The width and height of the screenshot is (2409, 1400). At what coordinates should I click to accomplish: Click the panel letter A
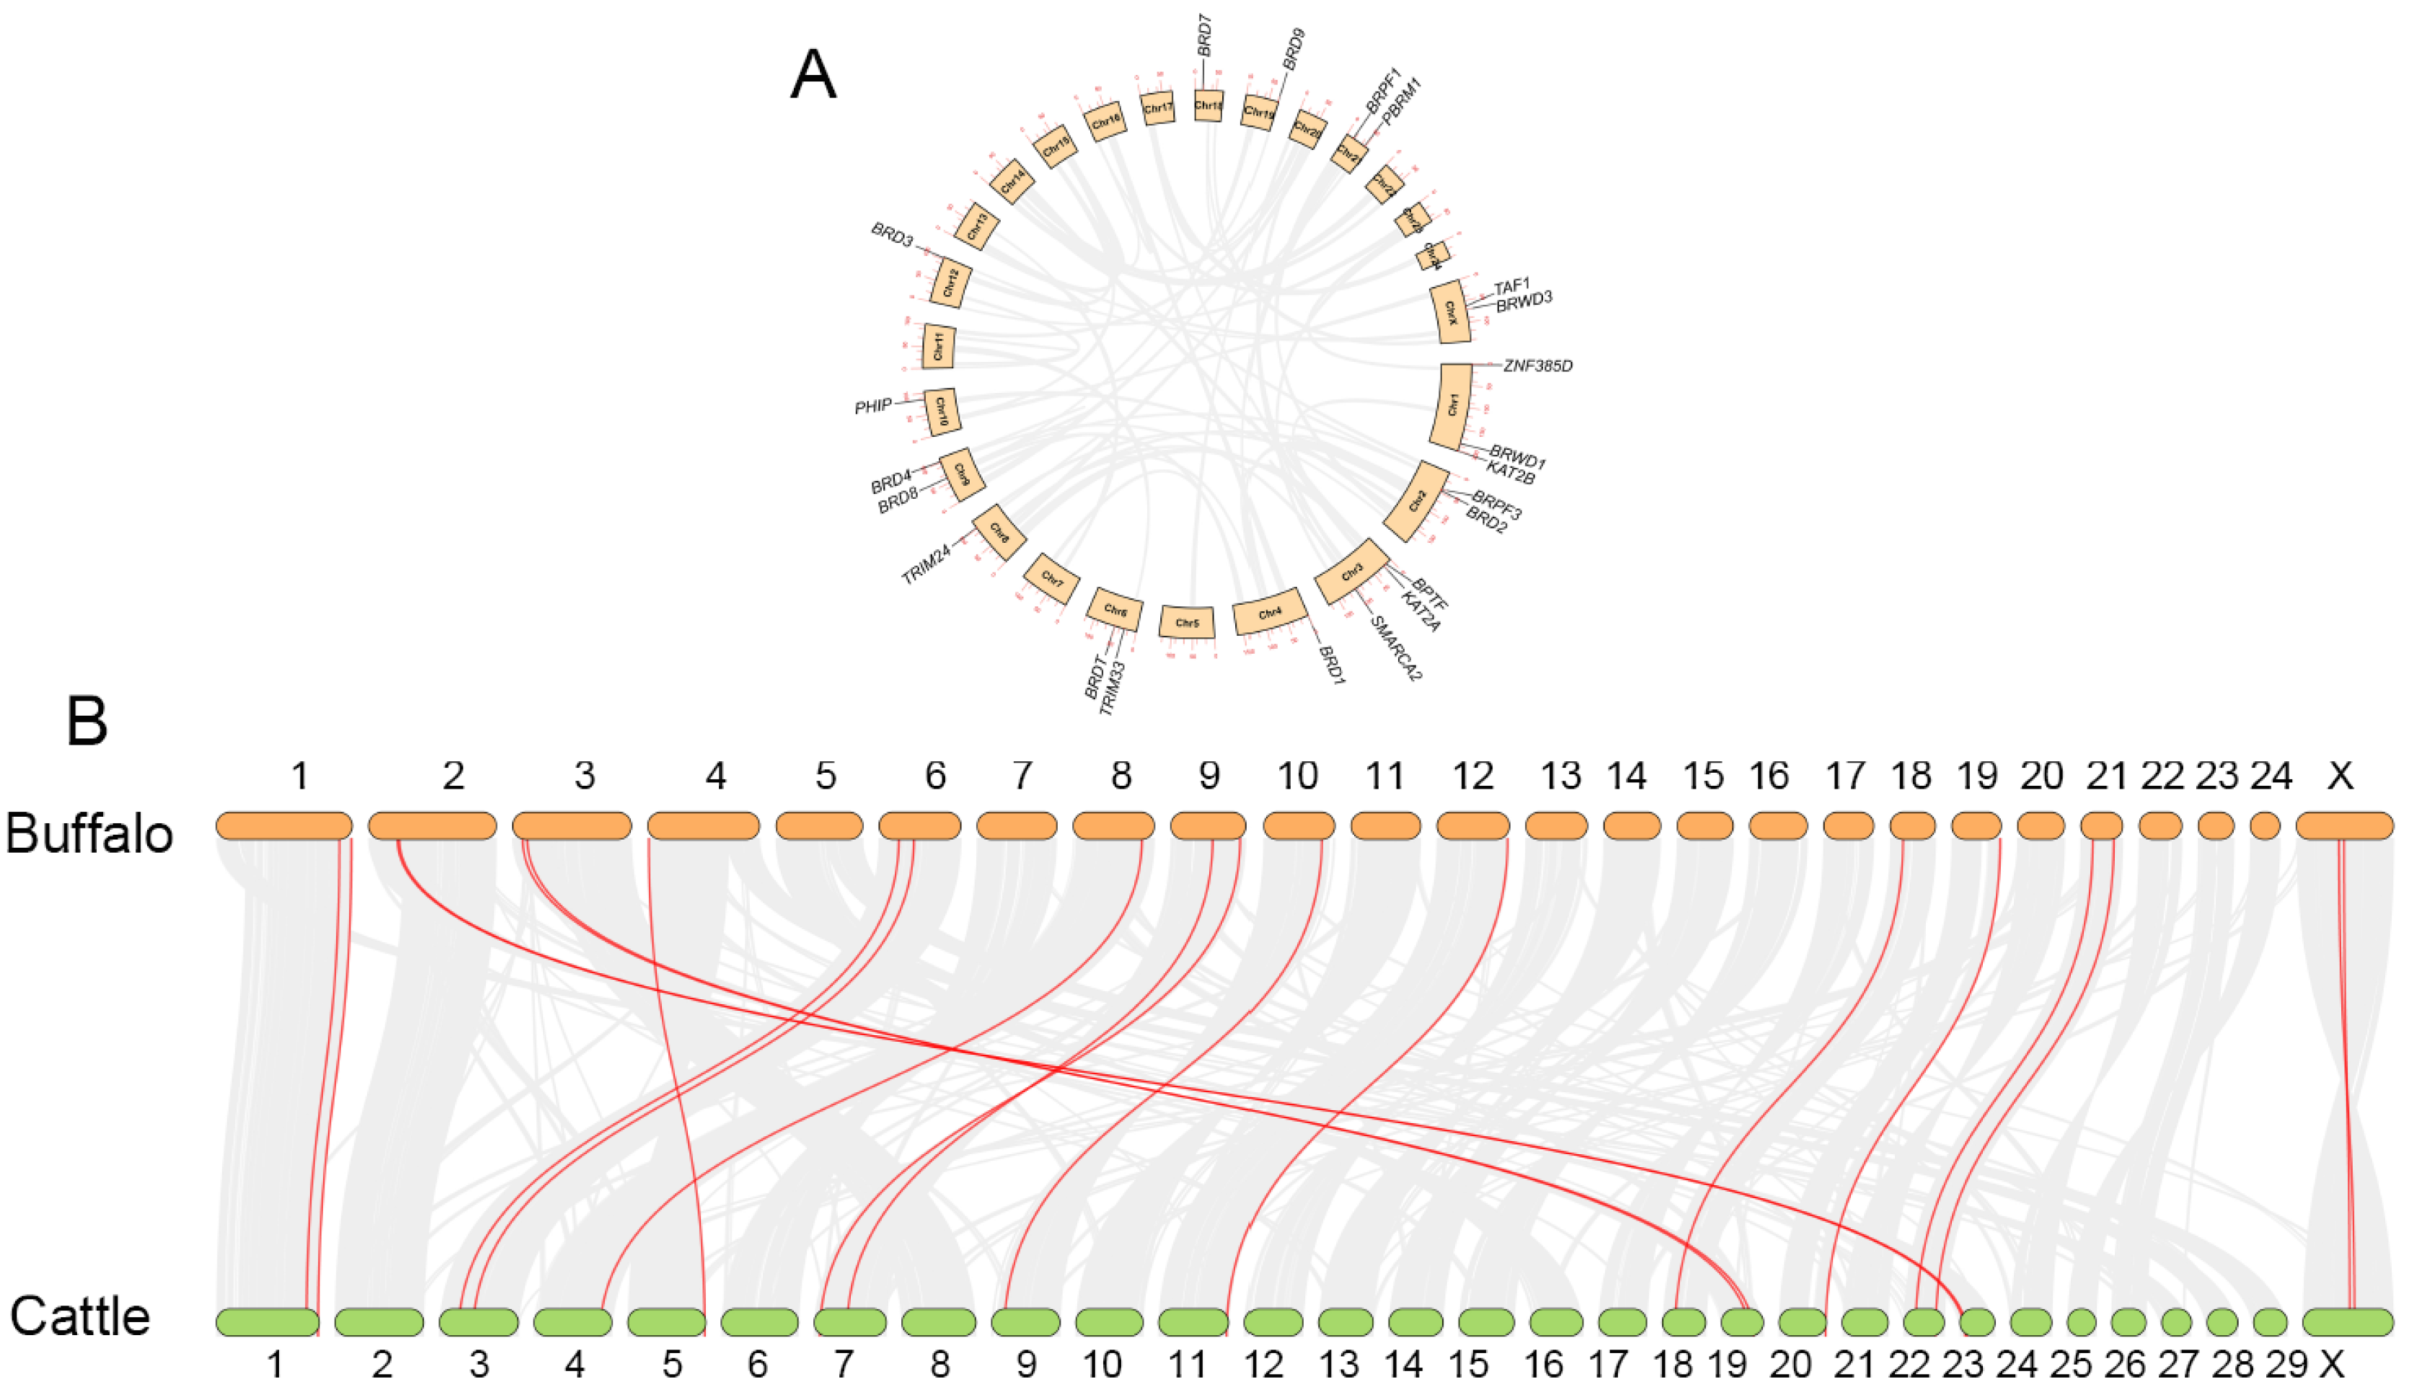point(813,76)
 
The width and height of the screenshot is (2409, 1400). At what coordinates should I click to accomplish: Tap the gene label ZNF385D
point(1537,366)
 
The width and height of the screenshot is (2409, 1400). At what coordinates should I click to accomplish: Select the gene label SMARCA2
point(1397,648)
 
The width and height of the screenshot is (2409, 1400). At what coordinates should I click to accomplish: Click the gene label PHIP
point(872,407)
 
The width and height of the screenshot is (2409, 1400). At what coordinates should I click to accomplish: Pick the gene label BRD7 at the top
point(1206,35)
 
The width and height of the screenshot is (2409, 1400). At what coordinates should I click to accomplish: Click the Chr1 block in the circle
point(1452,405)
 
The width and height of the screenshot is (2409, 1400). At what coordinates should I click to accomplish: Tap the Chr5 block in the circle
point(1186,622)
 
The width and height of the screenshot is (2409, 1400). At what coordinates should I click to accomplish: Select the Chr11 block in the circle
point(939,346)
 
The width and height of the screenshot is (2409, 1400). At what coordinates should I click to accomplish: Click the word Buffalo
point(89,833)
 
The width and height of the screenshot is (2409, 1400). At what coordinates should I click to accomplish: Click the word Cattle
point(80,1317)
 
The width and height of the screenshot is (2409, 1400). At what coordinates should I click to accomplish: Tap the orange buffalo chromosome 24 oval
point(2265,825)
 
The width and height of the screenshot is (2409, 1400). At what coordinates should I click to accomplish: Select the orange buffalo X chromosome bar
point(2344,825)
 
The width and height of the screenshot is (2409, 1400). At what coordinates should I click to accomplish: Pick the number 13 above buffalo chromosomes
point(1560,776)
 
